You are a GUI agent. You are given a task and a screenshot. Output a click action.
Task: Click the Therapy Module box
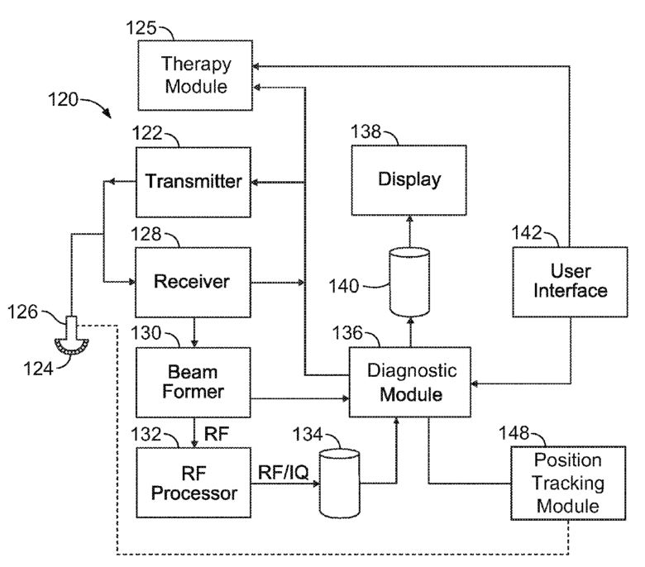pyautogui.click(x=195, y=75)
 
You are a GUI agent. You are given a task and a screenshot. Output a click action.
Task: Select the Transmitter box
pyautogui.click(x=193, y=182)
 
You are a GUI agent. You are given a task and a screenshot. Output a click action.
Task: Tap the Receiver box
pyautogui.click(x=193, y=282)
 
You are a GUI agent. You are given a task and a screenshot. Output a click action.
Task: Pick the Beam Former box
pyautogui.click(x=193, y=383)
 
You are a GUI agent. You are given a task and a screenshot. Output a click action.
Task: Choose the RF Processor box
pyautogui.click(x=193, y=483)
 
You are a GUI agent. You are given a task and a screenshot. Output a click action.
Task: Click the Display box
pyautogui.click(x=408, y=180)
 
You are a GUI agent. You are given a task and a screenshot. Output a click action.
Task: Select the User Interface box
pyautogui.click(x=570, y=282)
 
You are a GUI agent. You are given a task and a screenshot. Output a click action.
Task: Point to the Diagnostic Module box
pyautogui.click(x=410, y=382)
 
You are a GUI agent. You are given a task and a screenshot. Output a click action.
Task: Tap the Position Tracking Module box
pyautogui.click(x=568, y=484)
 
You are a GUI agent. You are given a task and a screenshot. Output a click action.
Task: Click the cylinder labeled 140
pyautogui.click(x=409, y=282)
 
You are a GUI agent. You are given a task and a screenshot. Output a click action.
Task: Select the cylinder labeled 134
pyautogui.click(x=340, y=484)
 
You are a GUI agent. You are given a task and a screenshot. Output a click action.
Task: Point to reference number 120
pyautogui.click(x=63, y=99)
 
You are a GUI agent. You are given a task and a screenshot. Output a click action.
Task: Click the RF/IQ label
pyautogui.click(x=283, y=473)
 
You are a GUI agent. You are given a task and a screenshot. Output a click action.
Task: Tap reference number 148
pyautogui.click(x=514, y=433)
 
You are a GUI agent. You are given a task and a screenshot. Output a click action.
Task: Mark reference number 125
pyautogui.click(x=141, y=28)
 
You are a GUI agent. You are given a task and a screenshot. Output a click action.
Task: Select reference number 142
pyautogui.click(x=527, y=233)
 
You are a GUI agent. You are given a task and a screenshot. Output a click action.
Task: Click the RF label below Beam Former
pyautogui.click(x=217, y=434)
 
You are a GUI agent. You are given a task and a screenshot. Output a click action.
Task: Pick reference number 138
pyautogui.click(x=365, y=131)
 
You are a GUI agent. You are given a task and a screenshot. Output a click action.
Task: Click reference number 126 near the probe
pyautogui.click(x=22, y=312)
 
